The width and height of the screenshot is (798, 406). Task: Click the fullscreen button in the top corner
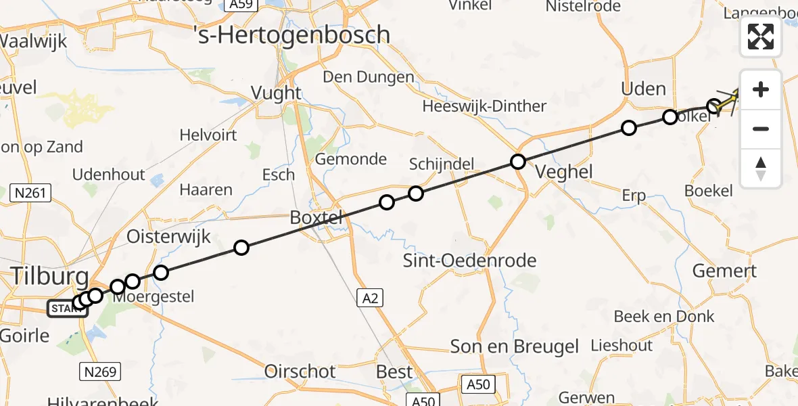tap(761, 37)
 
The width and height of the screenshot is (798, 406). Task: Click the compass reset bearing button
tap(761, 168)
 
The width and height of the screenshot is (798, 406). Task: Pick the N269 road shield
tap(101, 371)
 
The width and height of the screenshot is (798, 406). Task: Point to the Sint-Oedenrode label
tap(469, 261)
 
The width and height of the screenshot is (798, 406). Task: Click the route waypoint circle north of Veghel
tap(518, 162)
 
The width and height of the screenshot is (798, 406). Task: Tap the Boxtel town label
tap(316, 218)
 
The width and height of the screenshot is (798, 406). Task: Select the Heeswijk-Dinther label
tap(484, 106)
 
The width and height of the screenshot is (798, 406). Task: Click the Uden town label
tap(644, 89)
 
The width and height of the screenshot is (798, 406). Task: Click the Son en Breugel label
tap(515, 347)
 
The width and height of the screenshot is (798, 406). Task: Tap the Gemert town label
tap(724, 271)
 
